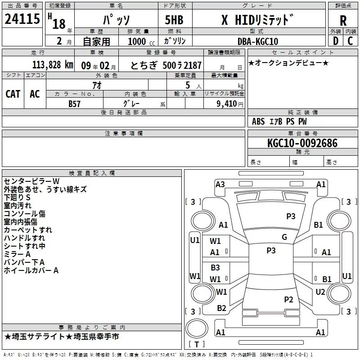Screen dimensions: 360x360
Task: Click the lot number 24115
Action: [22, 19]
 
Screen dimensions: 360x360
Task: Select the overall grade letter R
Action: [343, 21]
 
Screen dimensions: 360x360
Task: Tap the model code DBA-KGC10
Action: [257, 41]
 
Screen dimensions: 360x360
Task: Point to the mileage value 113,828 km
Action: [53, 65]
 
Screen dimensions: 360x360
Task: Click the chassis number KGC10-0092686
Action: [302, 143]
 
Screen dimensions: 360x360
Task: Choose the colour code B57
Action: [74, 104]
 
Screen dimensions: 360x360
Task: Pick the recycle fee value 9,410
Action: [227, 104]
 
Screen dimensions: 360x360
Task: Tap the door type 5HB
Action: [174, 20]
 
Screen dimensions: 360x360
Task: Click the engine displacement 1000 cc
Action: [141, 41]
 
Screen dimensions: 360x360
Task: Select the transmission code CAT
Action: [13, 94]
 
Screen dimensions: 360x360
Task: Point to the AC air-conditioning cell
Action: [35, 94]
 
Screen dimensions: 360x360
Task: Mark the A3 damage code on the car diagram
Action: [220, 184]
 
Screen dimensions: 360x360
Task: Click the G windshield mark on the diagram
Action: [284, 237]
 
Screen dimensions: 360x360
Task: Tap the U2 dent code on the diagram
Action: [320, 292]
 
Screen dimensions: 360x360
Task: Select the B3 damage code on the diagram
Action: [215, 267]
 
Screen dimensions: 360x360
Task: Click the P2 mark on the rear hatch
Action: [288, 299]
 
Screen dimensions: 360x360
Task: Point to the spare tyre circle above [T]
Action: [197, 328]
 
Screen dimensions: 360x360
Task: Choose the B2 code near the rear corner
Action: [221, 308]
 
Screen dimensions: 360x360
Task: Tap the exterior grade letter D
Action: [336, 41]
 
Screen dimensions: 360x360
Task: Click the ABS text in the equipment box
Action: [258, 121]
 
